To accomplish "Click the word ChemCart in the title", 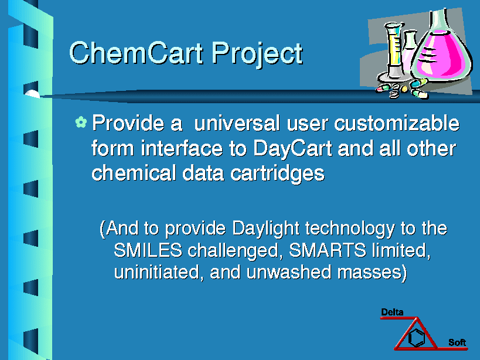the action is click(136, 53).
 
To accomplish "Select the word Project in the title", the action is click(257, 54).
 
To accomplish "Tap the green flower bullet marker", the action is click(81, 122).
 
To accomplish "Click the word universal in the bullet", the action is click(237, 123).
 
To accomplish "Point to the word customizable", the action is click(397, 123).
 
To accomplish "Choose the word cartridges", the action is click(277, 174).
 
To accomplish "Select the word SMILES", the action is click(148, 250).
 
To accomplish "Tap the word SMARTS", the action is click(328, 250).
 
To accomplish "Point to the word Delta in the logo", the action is click(392, 313).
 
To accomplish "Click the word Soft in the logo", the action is click(457, 342).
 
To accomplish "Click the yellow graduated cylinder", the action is click(393, 52).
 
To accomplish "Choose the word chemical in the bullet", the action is click(134, 173).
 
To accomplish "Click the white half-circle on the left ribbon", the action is click(32, 94).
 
